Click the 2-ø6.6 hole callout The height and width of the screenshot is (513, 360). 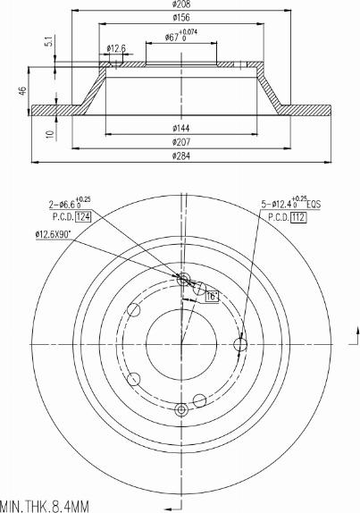(x=69, y=205)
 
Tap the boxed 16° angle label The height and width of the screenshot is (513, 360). (x=213, y=296)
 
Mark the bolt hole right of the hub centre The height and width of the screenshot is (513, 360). (x=239, y=344)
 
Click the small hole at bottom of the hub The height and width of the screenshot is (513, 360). (x=181, y=409)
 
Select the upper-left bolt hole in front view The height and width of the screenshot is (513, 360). (x=134, y=310)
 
